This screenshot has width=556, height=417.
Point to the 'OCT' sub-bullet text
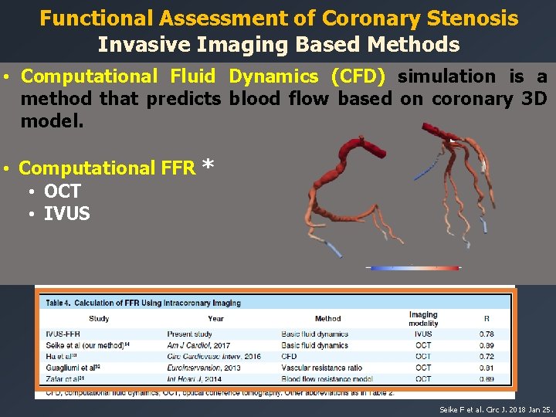point(63,192)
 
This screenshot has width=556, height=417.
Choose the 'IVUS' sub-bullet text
point(67,214)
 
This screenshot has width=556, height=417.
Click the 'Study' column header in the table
point(99,318)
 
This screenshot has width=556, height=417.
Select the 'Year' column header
point(215,318)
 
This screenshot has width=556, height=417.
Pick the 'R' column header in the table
point(486,318)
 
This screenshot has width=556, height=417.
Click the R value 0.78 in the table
point(486,334)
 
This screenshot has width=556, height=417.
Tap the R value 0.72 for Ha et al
point(486,357)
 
